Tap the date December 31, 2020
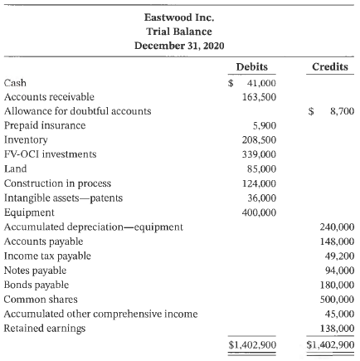pyautogui.click(x=180, y=43)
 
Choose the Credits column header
pyautogui.click(x=331, y=66)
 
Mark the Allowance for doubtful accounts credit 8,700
pyautogui.click(x=340, y=110)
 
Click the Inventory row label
pyautogui.click(x=22, y=135)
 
